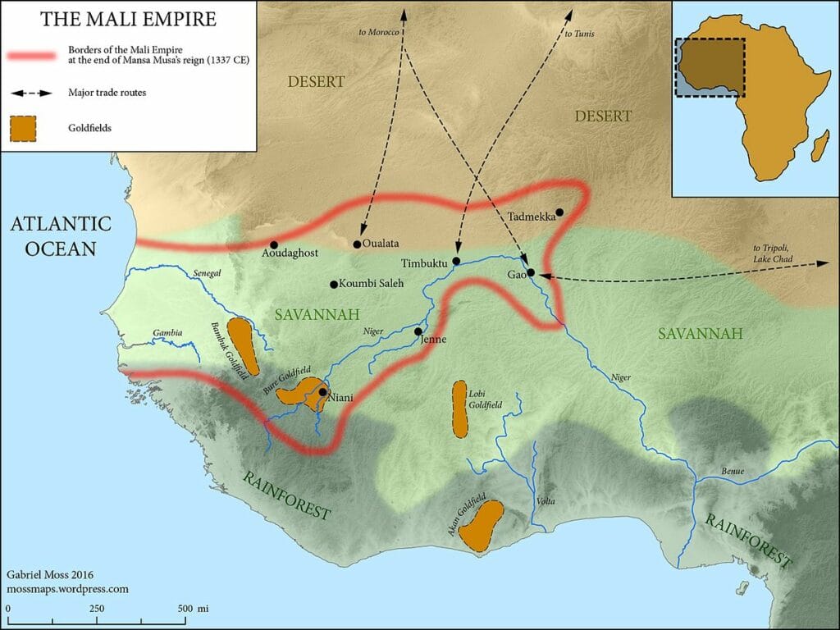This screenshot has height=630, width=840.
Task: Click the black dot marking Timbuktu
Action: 456,261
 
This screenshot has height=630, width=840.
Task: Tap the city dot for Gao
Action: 531,272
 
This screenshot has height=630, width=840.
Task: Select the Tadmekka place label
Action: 532,217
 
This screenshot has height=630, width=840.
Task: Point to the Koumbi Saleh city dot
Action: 333,285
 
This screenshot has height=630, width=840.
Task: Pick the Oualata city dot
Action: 357,244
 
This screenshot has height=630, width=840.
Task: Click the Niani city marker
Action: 322,392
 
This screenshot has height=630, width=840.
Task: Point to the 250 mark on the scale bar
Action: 96,608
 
